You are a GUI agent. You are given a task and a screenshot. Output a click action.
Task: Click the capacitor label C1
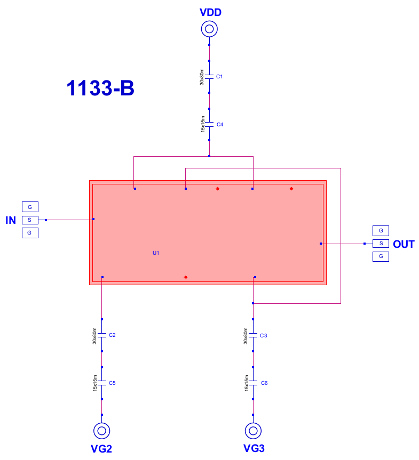pyautogui.click(x=219, y=77)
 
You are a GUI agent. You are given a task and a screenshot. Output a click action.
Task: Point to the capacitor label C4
pyautogui.click(x=220, y=125)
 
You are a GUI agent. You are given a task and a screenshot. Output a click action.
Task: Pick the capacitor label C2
pyautogui.click(x=112, y=335)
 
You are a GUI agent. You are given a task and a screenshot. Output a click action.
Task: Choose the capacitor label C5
pyautogui.click(x=112, y=383)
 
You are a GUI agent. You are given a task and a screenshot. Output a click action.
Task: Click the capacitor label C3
pyautogui.click(x=264, y=336)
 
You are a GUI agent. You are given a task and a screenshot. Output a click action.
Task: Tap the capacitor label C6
pyautogui.click(x=264, y=383)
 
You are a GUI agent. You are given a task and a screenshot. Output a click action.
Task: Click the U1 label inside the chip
pyautogui.click(x=156, y=253)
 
